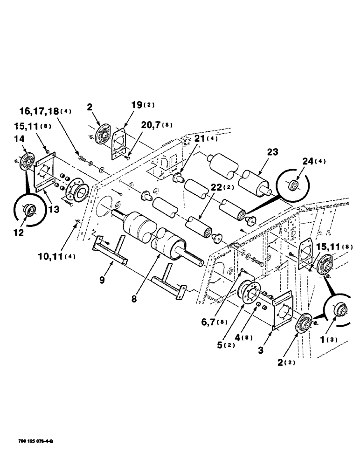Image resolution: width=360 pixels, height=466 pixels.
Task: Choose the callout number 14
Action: [20, 139]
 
